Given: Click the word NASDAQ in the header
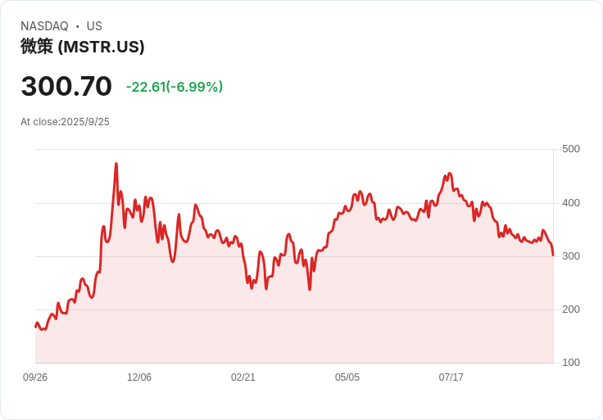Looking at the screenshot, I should (x=44, y=26).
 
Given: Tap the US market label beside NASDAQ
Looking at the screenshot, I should (x=94, y=26).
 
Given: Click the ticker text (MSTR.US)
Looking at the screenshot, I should (x=102, y=47).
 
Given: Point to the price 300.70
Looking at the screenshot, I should (x=66, y=87).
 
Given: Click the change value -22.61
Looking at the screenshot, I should (x=145, y=87).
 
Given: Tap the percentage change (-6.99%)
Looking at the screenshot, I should (x=194, y=87).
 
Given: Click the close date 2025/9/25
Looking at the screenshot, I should (x=84, y=122).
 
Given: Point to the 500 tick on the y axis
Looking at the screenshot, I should (x=570, y=149).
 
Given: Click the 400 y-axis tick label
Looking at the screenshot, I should (x=570, y=203).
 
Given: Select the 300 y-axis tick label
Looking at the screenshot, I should (x=570, y=256).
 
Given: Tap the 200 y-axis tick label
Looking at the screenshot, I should (x=570, y=309).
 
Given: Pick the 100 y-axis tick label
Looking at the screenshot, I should (x=570, y=363).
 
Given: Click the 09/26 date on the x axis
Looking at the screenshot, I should (x=35, y=377).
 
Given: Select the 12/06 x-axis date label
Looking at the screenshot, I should (x=139, y=377).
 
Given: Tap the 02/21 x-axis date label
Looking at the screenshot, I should (x=243, y=377).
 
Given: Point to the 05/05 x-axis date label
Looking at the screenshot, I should (x=347, y=377).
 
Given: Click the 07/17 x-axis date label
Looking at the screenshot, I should (x=451, y=377).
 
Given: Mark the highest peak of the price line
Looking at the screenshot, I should (x=116, y=164).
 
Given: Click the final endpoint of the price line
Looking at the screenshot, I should (x=553, y=255).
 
